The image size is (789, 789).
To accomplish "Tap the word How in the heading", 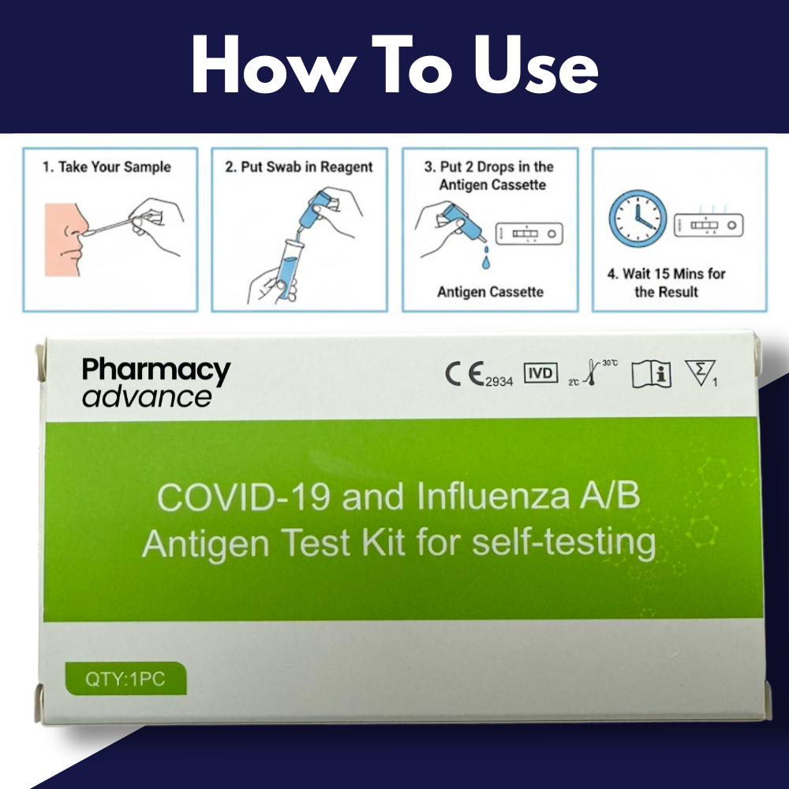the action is pyautogui.click(x=271, y=65).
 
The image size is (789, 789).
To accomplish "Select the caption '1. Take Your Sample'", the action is pyautogui.click(x=107, y=166).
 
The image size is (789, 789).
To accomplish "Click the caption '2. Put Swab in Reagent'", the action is pyautogui.click(x=299, y=166).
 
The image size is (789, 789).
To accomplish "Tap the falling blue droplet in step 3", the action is pyautogui.click(x=485, y=262).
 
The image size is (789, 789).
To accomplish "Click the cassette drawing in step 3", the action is pyautogui.click(x=529, y=234).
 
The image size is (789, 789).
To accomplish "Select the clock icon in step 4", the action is pyautogui.click(x=638, y=219).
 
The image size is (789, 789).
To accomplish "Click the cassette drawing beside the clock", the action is pyautogui.click(x=709, y=225).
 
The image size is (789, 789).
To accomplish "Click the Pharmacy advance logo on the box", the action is pyautogui.click(x=156, y=382).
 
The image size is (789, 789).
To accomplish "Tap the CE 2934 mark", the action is pyautogui.click(x=479, y=374).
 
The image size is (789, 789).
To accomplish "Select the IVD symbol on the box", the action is pyautogui.click(x=541, y=373).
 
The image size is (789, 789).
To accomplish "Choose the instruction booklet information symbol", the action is pyautogui.click(x=652, y=374).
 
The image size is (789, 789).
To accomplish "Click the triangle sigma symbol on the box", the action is pyautogui.click(x=701, y=373).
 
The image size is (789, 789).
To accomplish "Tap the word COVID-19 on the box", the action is pyautogui.click(x=244, y=496).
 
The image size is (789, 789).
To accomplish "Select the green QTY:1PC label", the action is pyautogui.click(x=125, y=679).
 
